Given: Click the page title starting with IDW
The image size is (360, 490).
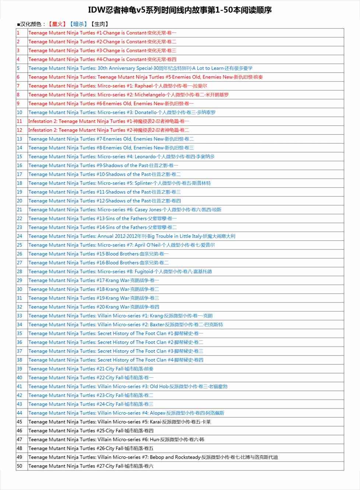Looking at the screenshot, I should tap(180, 10).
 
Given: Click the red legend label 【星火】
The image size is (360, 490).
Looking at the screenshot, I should tap(57, 24).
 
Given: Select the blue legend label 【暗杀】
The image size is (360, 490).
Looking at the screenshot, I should tap(78, 24).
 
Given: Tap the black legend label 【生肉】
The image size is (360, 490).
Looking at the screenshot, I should tap(100, 24).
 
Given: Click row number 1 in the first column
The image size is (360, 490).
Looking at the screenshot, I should tap(18, 33).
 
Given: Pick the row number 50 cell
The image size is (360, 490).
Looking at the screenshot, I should tap(20, 466).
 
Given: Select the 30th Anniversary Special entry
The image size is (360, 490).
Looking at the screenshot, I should tap(140, 68).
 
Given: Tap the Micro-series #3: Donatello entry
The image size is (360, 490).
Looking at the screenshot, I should tap(122, 112).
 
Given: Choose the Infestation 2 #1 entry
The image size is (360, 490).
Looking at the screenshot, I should tap(109, 121).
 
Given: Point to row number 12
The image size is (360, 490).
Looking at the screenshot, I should tap(20, 130).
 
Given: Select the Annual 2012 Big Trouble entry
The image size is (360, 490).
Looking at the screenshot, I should tap(132, 236).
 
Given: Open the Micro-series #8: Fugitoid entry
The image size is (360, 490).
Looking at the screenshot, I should tap(120, 272).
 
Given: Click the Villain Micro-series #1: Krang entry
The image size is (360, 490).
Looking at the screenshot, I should tap(120, 316).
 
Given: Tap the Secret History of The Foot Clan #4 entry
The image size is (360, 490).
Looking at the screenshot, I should tap(116, 360).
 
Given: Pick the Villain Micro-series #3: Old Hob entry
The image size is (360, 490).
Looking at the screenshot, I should tap(128, 386).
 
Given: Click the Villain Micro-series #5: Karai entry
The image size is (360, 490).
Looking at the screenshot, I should tap(120, 422).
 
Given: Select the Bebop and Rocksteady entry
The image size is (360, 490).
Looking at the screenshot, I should tap(153, 457).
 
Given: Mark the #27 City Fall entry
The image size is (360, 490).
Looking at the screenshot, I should tap(91, 466).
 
